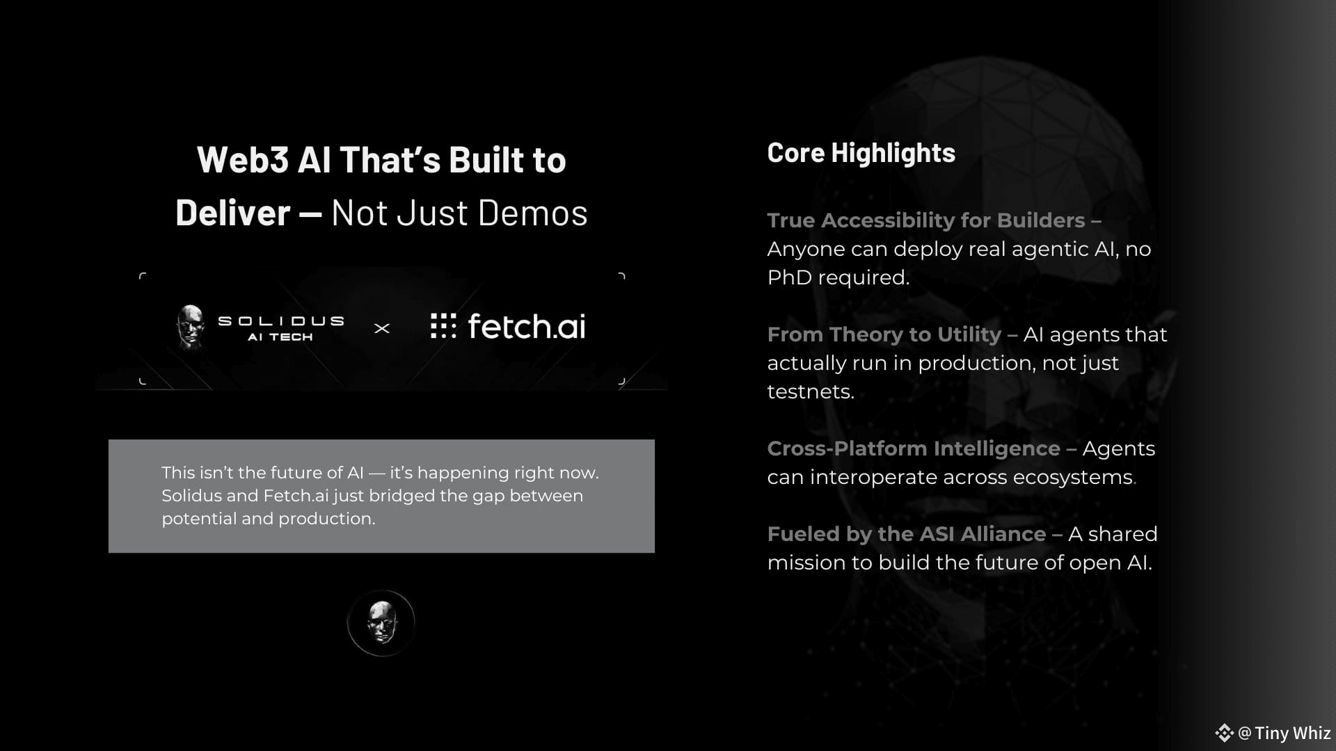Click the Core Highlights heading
(861, 154)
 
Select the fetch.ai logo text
(527, 326)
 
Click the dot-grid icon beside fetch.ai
(443, 325)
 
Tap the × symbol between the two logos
(382, 328)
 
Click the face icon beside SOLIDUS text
(190, 325)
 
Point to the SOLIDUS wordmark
(281, 321)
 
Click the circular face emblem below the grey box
(381, 623)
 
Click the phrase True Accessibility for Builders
(926, 220)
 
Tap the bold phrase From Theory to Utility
(884, 334)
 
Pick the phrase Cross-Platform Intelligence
(914, 449)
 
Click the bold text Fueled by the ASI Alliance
(907, 534)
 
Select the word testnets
(811, 391)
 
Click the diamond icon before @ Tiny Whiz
(1224, 733)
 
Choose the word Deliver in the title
(233, 213)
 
